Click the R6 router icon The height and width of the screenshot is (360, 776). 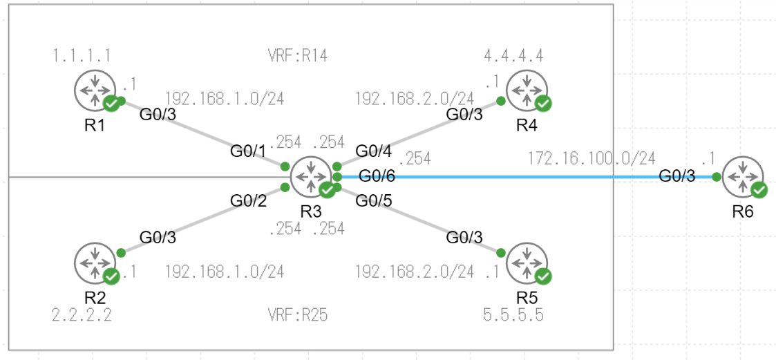pos(743,176)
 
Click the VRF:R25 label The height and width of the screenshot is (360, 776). pos(297,316)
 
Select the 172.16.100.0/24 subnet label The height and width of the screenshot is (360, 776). pos(592,158)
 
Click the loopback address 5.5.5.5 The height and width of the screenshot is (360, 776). pos(513,316)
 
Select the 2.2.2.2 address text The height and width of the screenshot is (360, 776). pos(82,316)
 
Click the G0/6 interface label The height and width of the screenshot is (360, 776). pos(377,177)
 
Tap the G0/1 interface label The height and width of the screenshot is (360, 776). pos(249,151)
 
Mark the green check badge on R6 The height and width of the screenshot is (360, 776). pos(759,190)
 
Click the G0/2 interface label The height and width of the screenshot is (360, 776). pos(249,201)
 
